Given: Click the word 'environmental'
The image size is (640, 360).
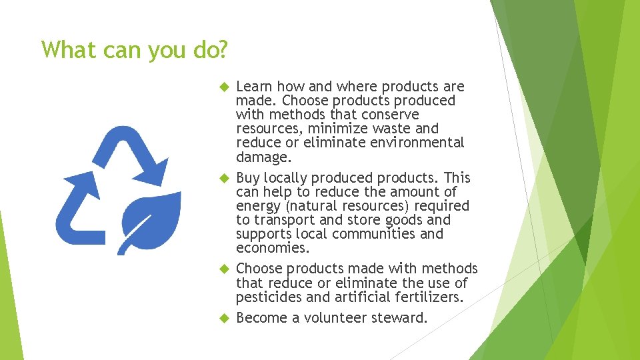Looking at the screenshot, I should pos(416,143).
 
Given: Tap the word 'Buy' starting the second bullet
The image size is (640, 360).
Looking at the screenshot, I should pos(248,178).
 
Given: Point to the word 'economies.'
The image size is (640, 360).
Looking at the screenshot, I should pos(273,248).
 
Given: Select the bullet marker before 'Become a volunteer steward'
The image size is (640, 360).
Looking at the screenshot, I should pos(224,318).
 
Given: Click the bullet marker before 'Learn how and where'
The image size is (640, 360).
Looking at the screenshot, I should pos(224,87).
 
